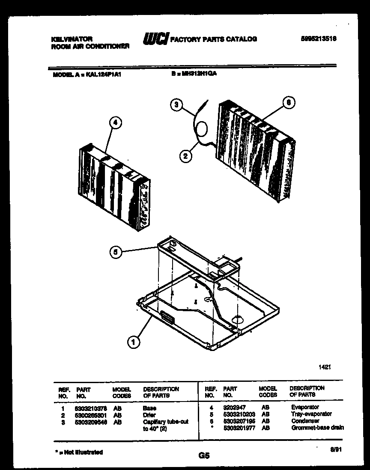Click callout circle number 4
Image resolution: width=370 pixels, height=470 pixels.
[114, 122]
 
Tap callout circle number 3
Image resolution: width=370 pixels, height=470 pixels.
[176, 105]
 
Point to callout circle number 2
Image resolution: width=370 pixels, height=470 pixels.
[185, 156]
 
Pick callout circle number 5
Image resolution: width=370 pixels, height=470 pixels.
[114, 253]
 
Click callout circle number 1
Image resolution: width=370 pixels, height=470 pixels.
[134, 342]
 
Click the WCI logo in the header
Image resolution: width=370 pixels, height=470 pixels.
[155, 39]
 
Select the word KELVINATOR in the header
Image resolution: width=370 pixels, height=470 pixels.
[72, 39]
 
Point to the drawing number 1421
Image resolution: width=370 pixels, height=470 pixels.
[325, 367]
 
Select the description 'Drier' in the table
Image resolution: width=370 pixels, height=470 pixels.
[149, 415]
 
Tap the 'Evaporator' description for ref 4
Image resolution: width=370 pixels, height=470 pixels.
[305, 408]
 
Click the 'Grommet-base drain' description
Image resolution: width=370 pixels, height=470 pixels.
[316, 428]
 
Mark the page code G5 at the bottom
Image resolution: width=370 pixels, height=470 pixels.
[204, 456]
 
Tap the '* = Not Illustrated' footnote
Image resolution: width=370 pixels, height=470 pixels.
[79, 452]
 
